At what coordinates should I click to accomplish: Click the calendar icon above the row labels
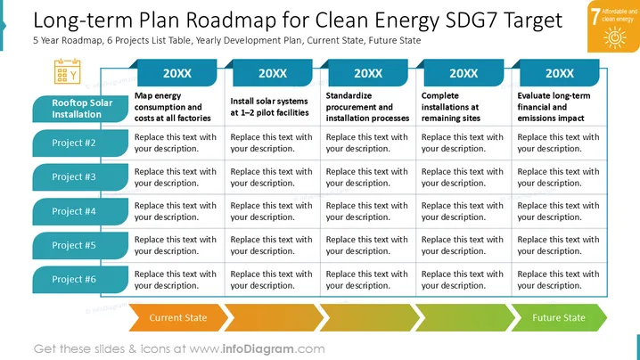68,71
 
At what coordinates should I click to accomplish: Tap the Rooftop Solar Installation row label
80,109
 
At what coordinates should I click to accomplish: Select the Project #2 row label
80,143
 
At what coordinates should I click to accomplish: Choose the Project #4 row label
80,211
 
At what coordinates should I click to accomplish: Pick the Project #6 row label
80,280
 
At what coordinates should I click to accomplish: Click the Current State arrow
178,317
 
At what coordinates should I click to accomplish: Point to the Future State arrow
559,317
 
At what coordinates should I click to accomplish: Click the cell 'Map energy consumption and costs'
173,107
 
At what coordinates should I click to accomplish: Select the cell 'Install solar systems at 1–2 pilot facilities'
269,107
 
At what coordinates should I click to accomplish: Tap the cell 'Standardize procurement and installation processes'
367,107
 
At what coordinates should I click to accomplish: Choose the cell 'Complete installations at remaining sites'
451,107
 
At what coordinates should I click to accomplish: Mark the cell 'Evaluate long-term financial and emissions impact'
554,107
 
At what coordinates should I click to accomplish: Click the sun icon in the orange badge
615,37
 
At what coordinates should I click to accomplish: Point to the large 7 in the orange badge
595,17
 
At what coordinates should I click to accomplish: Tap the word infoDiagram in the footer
258,349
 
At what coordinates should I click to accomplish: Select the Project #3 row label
80,177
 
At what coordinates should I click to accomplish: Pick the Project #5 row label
80,245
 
